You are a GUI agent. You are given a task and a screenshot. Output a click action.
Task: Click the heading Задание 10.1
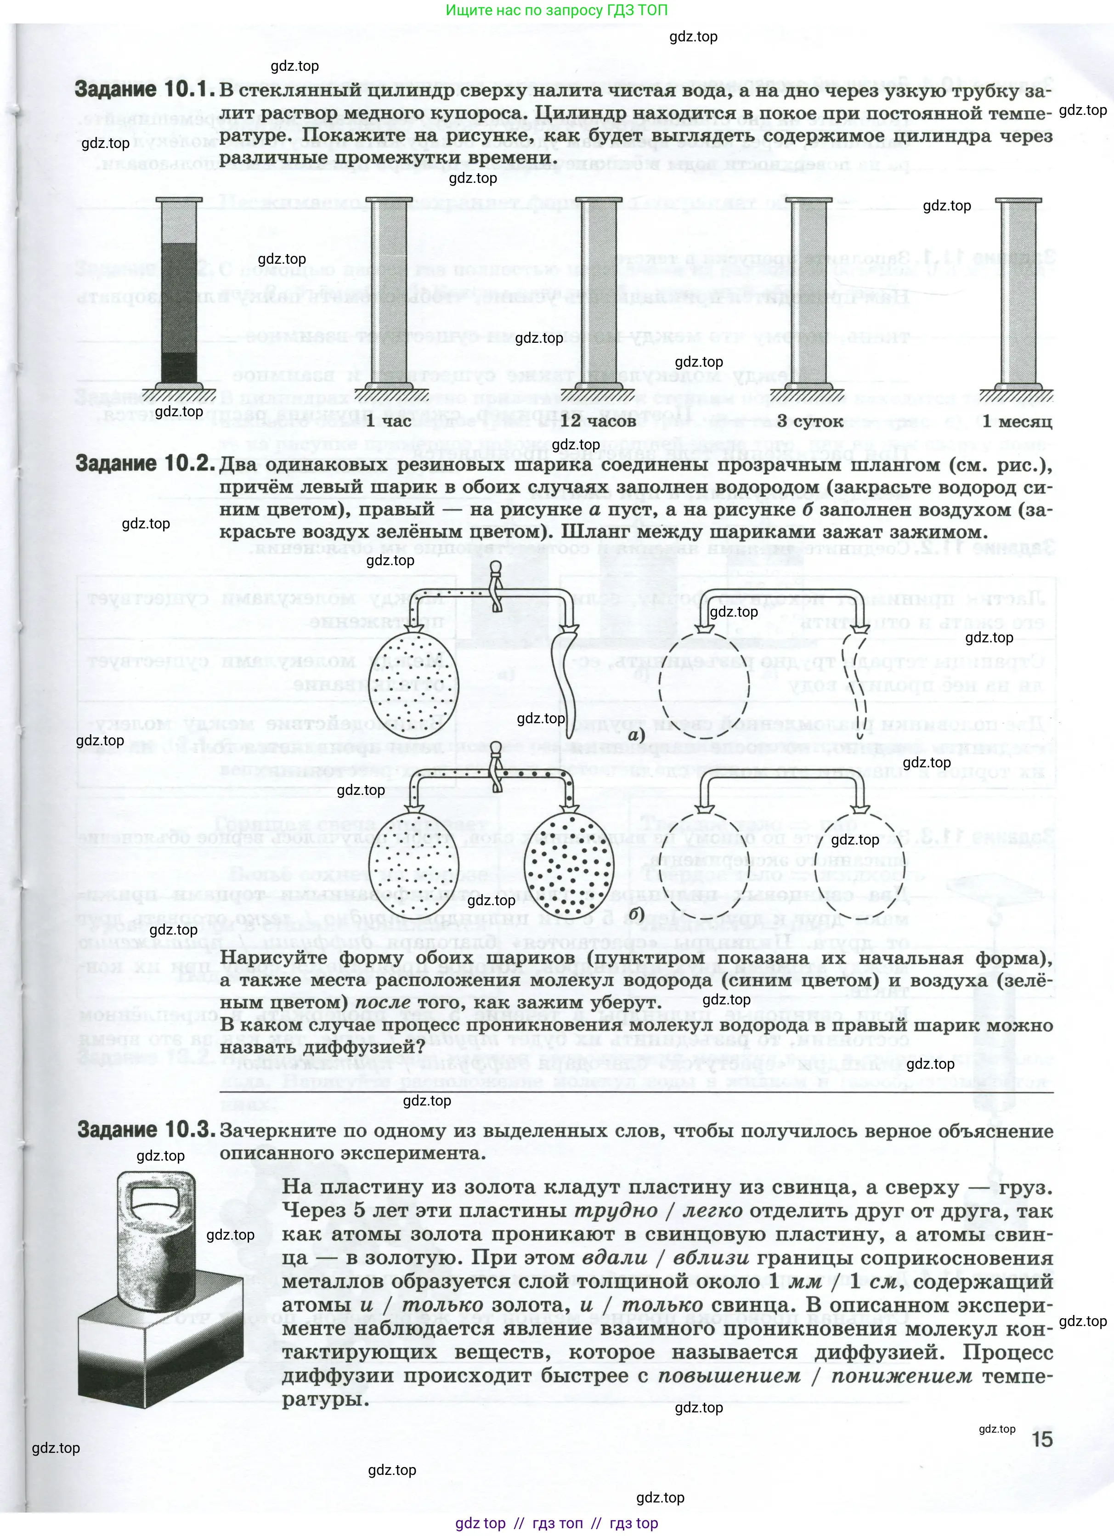(x=144, y=90)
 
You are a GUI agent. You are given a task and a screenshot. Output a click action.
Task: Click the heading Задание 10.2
(x=144, y=464)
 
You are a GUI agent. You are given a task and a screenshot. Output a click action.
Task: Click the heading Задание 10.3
(x=146, y=1130)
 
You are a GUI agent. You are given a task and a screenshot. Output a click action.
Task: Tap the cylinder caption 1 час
(x=388, y=421)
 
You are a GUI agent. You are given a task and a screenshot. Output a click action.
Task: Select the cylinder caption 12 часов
(x=598, y=421)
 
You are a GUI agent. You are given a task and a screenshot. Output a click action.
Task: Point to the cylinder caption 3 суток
(x=809, y=421)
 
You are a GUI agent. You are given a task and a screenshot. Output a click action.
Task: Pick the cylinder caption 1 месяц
(x=1017, y=421)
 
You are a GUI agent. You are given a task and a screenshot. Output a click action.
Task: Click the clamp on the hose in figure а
(x=496, y=586)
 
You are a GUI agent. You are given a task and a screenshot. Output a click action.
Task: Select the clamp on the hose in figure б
(x=497, y=766)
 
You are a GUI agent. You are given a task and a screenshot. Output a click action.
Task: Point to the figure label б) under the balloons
(x=635, y=913)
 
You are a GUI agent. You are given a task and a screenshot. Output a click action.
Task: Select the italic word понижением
(x=901, y=1376)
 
